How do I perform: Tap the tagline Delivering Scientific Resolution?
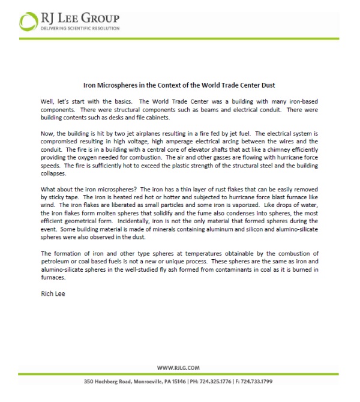80,28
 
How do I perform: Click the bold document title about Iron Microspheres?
180,86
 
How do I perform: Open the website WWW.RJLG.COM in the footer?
178,367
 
